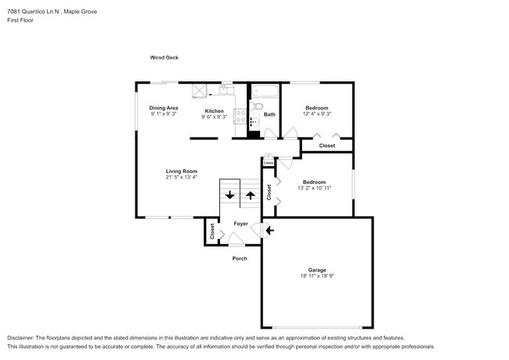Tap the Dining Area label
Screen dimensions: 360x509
point(164,108)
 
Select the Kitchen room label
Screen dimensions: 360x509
point(214,110)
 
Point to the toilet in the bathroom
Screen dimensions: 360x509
point(260,107)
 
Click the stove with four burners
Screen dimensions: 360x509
point(253,121)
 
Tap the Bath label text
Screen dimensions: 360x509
point(269,115)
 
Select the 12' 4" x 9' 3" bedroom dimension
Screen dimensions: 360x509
point(316,114)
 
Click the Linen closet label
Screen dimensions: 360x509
point(268,163)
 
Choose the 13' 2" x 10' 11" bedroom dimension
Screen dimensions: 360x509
point(314,188)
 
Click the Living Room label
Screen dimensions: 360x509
point(181,171)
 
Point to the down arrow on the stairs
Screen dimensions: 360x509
point(229,195)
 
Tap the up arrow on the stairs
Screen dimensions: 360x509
point(251,195)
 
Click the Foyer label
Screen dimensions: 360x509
point(240,224)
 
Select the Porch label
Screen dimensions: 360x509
point(239,258)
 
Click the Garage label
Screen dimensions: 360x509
point(316,269)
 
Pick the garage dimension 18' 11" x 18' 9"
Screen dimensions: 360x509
point(316,276)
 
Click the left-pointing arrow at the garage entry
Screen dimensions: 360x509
point(270,230)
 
